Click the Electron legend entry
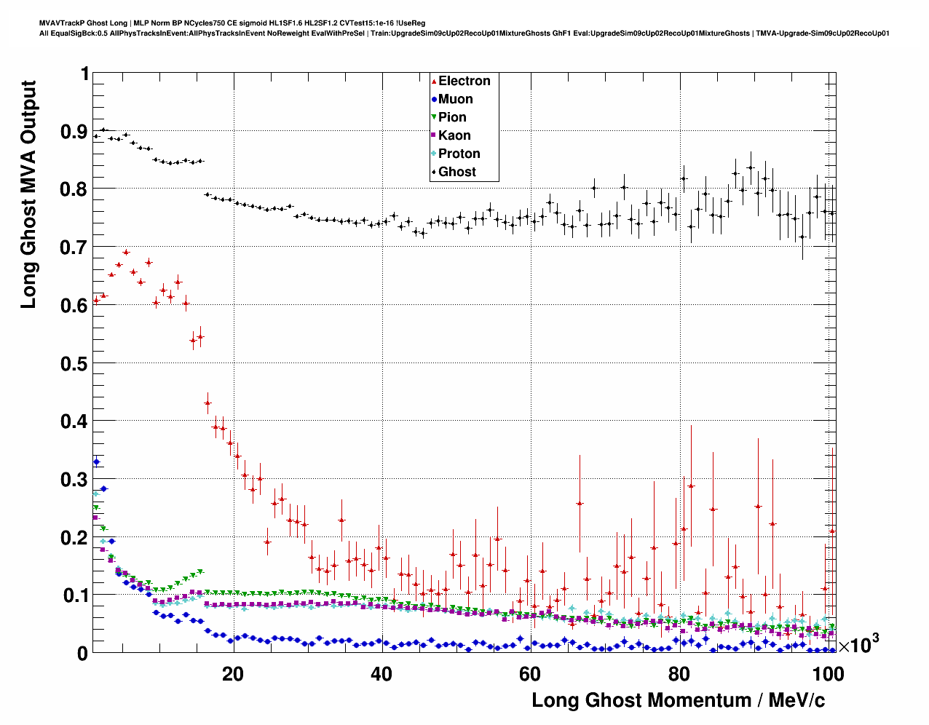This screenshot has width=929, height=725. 464,81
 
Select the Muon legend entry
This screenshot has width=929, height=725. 455,99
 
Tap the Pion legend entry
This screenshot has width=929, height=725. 452,117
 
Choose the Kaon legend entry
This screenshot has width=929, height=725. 454,135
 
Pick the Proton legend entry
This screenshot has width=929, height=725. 459,154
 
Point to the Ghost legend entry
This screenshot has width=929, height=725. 456,172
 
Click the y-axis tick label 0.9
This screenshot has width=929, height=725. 74,132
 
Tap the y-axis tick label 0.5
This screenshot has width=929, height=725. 74,363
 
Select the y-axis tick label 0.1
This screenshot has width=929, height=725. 74,595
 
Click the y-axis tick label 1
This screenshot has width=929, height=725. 84,74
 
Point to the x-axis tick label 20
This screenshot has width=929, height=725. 233,674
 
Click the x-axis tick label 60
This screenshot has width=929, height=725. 530,674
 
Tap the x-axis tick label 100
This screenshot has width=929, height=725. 828,674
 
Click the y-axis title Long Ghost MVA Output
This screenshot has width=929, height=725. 28,194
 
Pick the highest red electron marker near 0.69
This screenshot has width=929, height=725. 126,253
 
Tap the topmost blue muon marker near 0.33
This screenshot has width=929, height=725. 96,461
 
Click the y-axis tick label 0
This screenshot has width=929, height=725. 83,654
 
